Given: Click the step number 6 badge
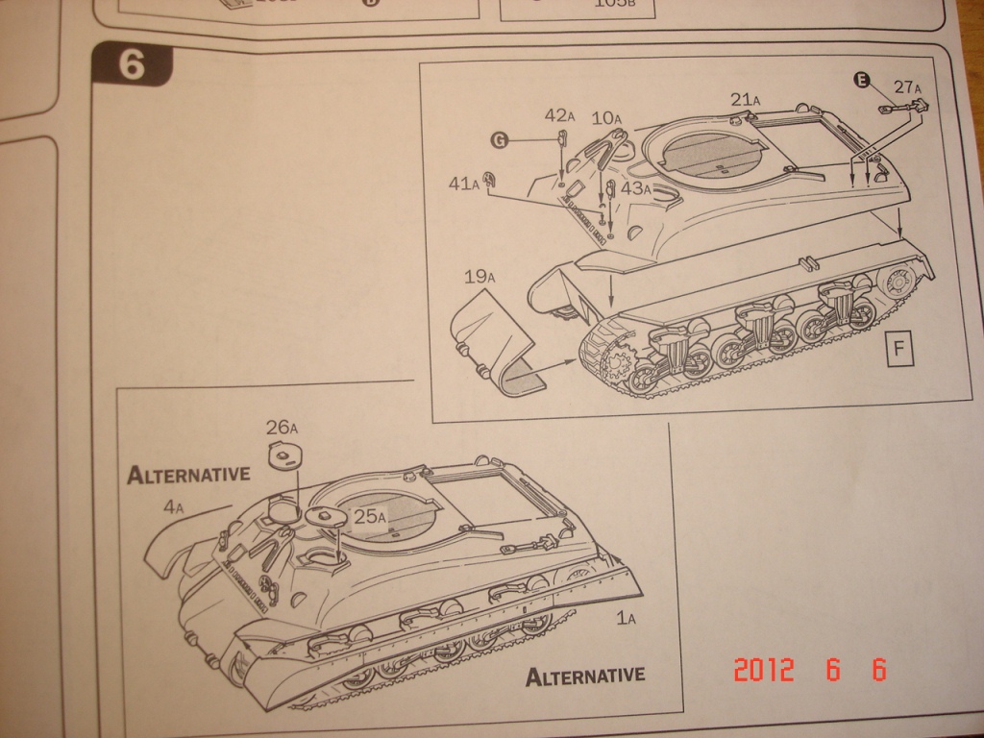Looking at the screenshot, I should point(133,65).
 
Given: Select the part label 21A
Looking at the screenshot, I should point(746,99).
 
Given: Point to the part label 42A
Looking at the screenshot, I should point(559,116).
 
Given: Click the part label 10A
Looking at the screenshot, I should point(608,118).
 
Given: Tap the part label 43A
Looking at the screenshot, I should point(636,188).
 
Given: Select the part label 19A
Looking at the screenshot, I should point(479,278).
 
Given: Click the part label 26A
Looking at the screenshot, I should point(283,427).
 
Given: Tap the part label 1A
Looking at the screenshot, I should point(626,619).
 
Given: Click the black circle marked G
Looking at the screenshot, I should point(499,140).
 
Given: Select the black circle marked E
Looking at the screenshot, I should point(862,82).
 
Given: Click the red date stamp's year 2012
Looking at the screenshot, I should point(764,670).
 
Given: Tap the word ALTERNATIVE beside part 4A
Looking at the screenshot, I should point(188,474).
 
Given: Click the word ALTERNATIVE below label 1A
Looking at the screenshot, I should point(585,676).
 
